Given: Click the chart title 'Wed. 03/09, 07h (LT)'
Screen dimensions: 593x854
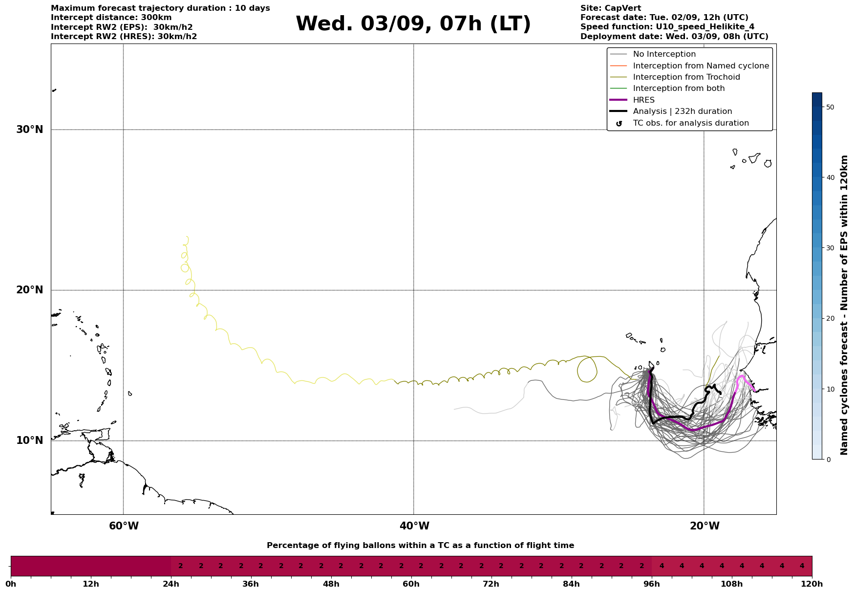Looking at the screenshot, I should coord(413,24).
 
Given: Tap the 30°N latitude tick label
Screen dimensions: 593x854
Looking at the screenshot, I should coord(30,130).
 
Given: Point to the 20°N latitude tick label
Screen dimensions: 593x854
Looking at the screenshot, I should coord(30,290).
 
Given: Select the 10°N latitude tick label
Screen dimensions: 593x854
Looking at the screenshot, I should coord(30,440).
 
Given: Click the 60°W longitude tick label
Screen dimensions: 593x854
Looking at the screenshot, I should coord(124,526).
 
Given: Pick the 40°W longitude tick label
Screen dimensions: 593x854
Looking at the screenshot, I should coord(414,526).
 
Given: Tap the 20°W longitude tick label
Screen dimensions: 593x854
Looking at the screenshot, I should coord(705,526).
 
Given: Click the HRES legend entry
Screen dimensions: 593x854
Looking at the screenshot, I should coord(643,100).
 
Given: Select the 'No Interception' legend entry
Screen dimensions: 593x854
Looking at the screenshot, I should coord(664,54).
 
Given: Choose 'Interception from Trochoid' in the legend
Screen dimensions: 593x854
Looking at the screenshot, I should coord(686,77).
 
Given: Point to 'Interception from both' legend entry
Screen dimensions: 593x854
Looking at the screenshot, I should coord(679,88).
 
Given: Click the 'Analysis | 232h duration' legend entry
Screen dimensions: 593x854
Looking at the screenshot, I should coord(682,111).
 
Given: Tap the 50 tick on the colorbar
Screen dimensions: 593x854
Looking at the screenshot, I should coord(830,107).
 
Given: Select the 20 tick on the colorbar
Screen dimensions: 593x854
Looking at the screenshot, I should coord(830,318).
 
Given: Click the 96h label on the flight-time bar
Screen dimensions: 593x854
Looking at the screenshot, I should coord(652,584).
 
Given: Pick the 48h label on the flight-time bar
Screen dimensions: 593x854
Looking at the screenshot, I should coord(331,584).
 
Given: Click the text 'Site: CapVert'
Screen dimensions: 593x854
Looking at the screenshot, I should coord(610,8).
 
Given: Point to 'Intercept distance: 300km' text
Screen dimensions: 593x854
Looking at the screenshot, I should coord(111,18).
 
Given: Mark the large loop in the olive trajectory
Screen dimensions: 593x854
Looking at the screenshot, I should coord(587,369).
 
